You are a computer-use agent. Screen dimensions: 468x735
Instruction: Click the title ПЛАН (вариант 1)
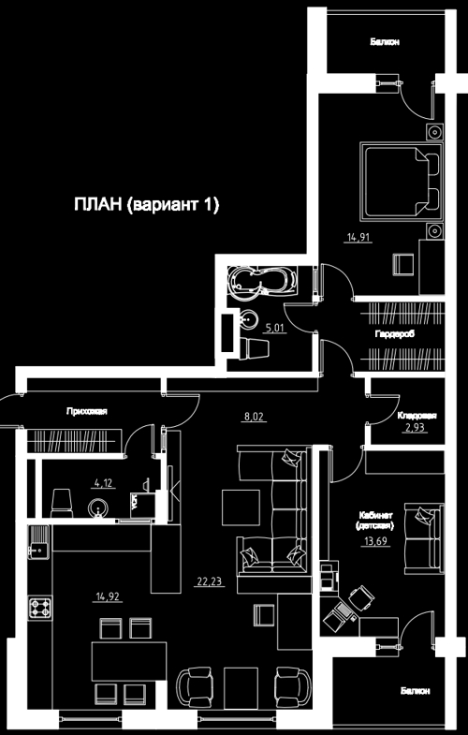click(x=146, y=205)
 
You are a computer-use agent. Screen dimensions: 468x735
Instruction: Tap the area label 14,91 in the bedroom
click(x=358, y=238)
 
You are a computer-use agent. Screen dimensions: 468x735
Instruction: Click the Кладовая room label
click(x=417, y=416)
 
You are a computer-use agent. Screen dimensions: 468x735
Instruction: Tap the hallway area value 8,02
click(x=255, y=417)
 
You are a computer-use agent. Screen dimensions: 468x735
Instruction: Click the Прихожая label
click(x=87, y=412)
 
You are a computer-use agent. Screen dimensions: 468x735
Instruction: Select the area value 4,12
click(x=103, y=483)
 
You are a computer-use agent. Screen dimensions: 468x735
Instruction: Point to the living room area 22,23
click(x=209, y=581)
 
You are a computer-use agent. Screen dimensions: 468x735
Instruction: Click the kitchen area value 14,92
click(x=108, y=597)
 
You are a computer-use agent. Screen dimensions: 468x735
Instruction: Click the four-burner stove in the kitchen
click(x=41, y=608)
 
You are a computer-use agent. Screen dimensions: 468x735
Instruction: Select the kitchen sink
click(x=38, y=542)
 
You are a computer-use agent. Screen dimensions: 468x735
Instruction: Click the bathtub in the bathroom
click(x=262, y=281)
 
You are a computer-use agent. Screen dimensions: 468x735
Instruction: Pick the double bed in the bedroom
click(x=401, y=182)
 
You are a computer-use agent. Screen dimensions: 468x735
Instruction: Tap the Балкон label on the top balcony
click(x=385, y=42)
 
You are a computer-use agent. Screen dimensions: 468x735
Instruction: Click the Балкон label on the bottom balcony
click(x=415, y=691)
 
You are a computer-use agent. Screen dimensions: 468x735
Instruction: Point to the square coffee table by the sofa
click(x=241, y=508)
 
